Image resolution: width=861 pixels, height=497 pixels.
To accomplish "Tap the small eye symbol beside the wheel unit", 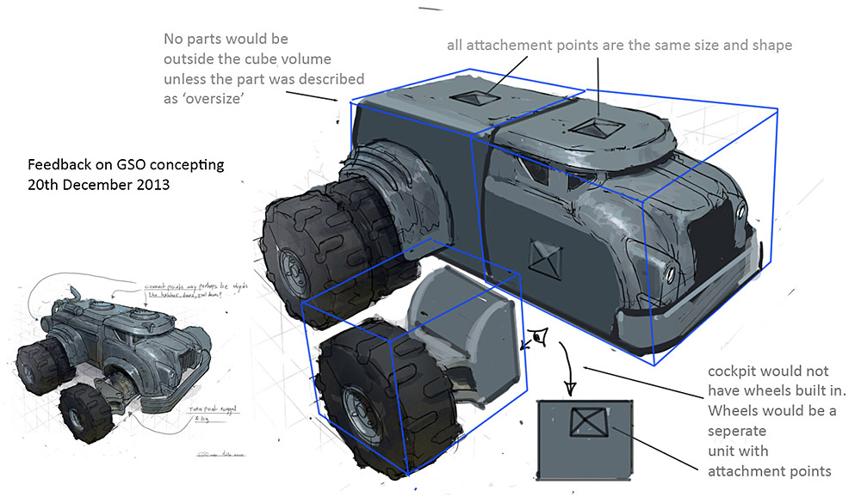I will pos(540,337).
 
